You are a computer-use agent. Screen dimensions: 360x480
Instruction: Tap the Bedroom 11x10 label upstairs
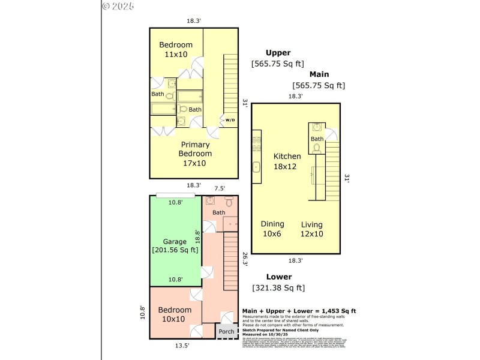176,50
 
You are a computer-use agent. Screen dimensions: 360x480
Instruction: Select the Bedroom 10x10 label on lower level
175,314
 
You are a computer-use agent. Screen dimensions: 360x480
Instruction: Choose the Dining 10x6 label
272,229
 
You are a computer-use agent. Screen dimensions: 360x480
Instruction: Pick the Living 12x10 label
312,229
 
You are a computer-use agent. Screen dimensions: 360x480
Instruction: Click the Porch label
226,332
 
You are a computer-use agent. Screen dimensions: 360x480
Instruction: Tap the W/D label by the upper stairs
230,120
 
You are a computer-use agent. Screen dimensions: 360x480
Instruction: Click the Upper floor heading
278,53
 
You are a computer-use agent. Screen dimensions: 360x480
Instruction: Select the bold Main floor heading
319,74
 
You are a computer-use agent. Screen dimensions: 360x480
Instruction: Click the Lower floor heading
279,277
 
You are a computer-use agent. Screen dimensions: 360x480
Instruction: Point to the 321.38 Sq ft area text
278,288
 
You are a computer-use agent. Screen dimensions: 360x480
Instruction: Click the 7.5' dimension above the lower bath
220,188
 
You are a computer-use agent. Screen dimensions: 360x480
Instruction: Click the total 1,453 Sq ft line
299,311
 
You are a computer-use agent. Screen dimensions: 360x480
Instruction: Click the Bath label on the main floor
317,139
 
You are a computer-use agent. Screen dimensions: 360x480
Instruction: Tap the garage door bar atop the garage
175,195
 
